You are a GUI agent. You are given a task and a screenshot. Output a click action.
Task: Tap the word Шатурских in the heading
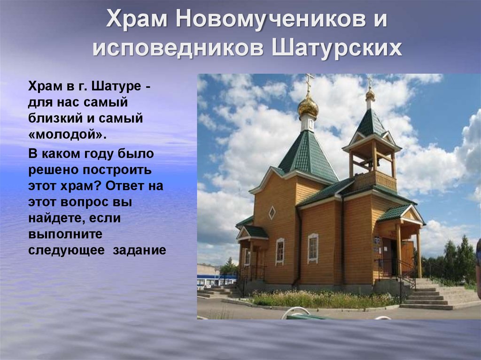click(x=337, y=48)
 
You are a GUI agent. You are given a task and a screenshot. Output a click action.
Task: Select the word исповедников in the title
click(x=178, y=48)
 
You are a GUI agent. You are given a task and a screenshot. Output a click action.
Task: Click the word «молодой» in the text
click(x=68, y=134)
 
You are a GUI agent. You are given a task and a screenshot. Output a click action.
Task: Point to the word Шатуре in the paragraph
click(x=116, y=87)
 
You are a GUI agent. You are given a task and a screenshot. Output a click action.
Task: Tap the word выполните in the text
click(x=65, y=234)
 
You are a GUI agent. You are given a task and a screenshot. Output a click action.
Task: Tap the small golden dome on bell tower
click(x=370, y=95)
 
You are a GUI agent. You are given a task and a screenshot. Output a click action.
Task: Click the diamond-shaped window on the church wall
click(x=272, y=213)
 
